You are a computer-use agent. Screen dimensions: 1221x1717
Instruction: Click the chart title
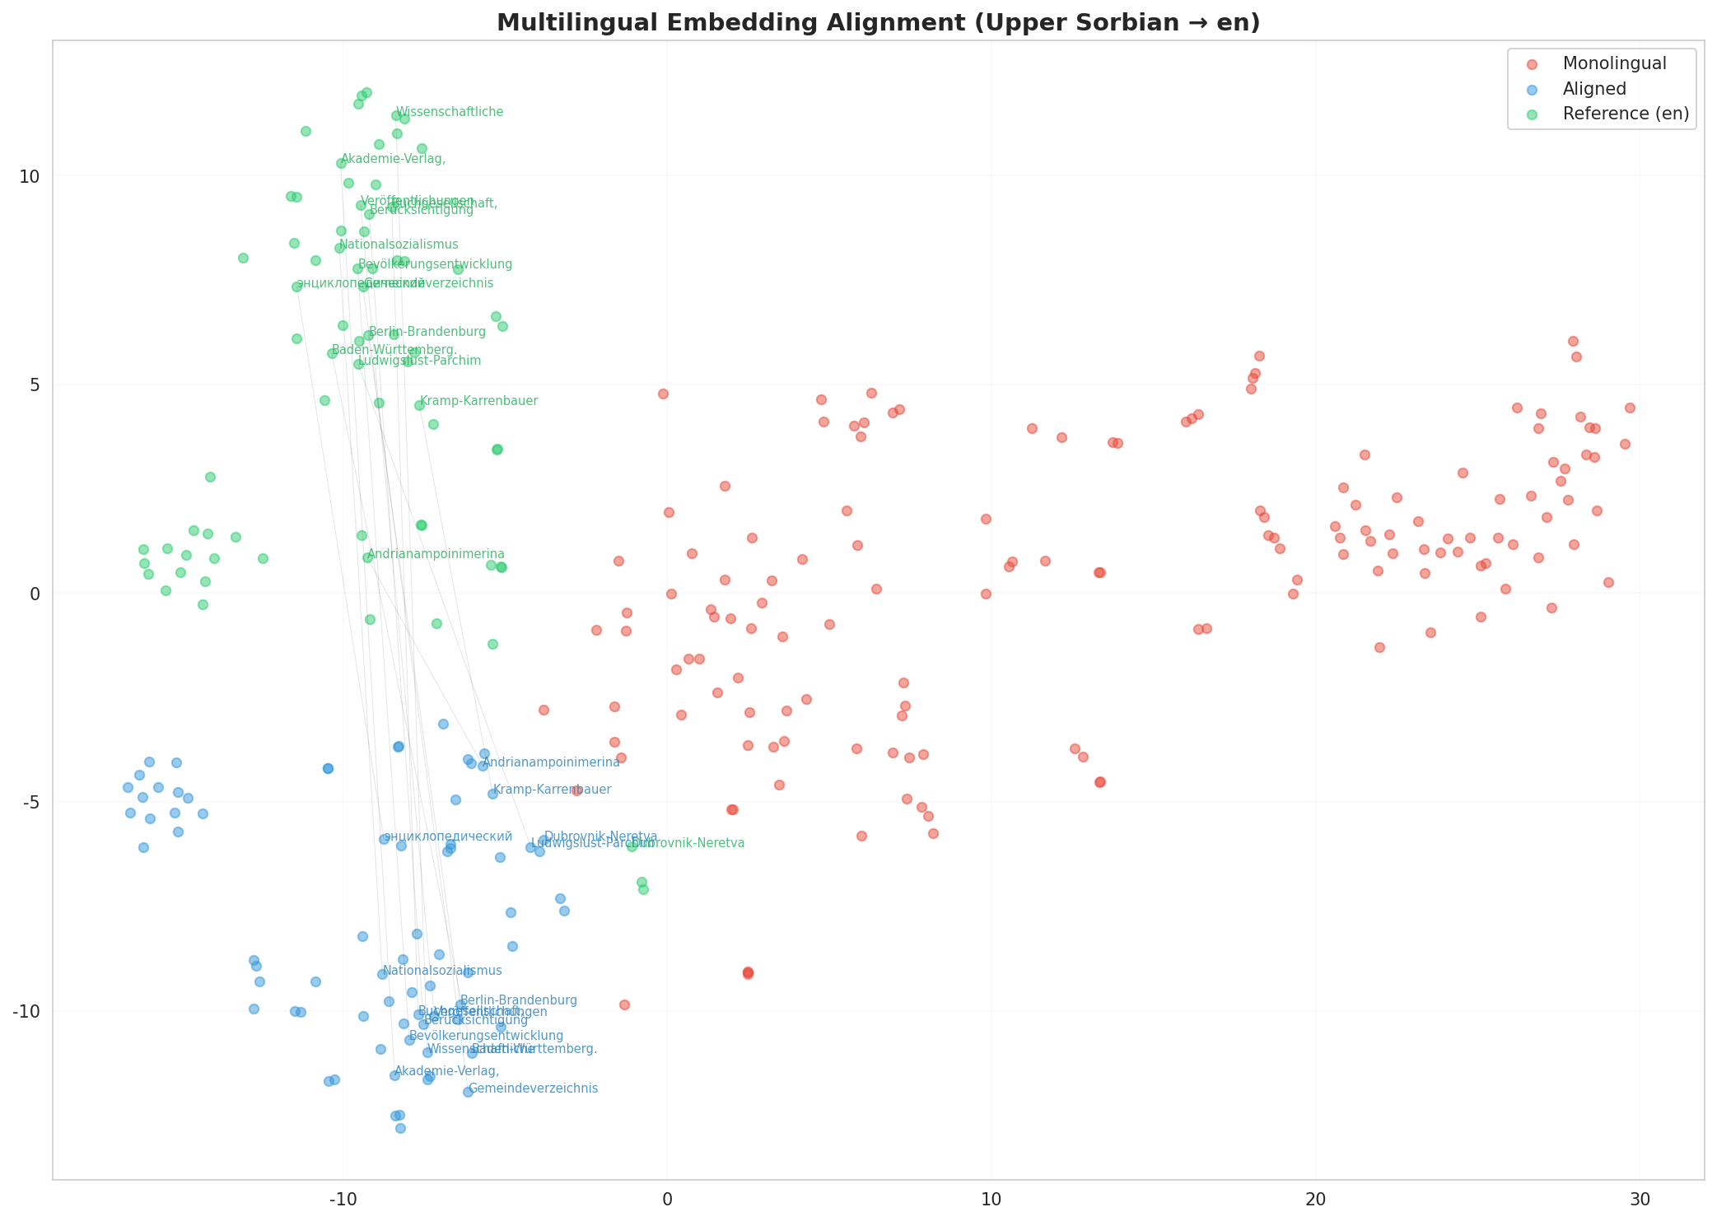pyautogui.click(x=878, y=22)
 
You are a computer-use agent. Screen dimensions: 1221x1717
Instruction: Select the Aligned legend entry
pyautogui.click(x=1594, y=89)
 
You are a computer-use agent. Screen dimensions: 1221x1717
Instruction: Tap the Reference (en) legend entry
pyautogui.click(x=1625, y=114)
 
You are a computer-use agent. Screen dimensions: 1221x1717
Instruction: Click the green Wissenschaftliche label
pyautogui.click(x=450, y=112)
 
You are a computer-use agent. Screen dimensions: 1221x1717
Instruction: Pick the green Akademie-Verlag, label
pyautogui.click(x=393, y=159)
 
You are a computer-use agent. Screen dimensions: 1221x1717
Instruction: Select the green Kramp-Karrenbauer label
pyautogui.click(x=478, y=401)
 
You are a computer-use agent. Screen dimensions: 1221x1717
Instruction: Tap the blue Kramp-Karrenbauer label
pyautogui.click(x=552, y=790)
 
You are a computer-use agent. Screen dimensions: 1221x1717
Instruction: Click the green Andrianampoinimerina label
pyautogui.click(x=436, y=554)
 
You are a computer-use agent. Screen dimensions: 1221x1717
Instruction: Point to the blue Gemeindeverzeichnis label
pyautogui.click(x=533, y=1088)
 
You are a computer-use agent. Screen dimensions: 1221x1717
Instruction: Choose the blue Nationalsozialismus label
pyautogui.click(x=442, y=971)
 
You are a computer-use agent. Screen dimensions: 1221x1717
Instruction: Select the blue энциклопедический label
pyautogui.click(x=448, y=837)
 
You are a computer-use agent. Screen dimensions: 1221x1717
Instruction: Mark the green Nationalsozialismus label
pyautogui.click(x=399, y=245)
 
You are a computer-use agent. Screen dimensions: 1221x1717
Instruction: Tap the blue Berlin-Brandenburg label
pyautogui.click(x=519, y=1000)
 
